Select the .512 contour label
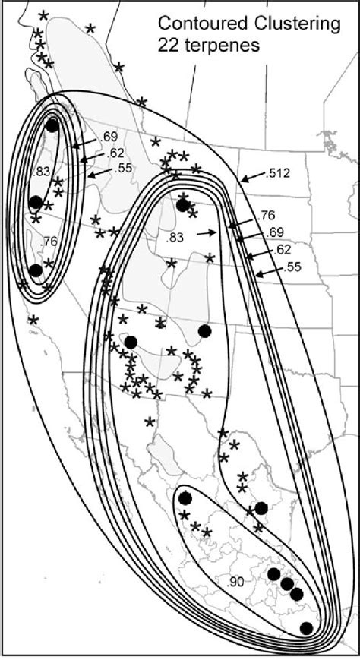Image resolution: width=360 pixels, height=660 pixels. [279, 174]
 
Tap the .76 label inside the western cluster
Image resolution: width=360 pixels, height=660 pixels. [51, 242]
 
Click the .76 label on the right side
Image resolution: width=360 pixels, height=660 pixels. [267, 215]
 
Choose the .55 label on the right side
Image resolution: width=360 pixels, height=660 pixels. [293, 267]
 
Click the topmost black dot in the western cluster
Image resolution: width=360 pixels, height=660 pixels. [52, 126]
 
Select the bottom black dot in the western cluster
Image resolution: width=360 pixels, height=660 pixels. [35, 270]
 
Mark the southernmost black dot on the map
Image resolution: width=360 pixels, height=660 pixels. [306, 627]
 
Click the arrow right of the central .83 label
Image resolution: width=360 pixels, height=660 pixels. [205, 235]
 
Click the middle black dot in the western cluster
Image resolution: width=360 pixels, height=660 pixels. [35, 203]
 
